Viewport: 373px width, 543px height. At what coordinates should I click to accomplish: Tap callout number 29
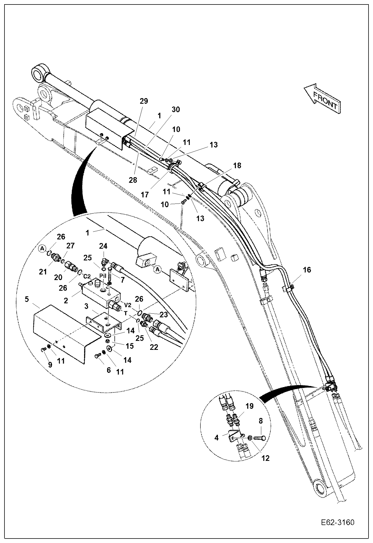tap(144, 101)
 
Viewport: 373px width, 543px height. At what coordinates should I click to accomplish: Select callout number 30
tap(176, 109)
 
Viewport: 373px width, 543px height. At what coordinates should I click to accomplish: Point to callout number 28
tap(133, 180)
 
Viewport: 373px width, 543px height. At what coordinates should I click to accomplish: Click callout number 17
tap(145, 194)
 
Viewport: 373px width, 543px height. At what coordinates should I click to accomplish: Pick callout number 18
tap(237, 165)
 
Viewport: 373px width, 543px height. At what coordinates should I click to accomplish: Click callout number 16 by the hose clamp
tap(307, 270)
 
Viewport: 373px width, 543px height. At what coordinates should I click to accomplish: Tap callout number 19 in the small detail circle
tap(249, 406)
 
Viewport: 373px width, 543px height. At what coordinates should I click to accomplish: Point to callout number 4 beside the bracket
tap(217, 437)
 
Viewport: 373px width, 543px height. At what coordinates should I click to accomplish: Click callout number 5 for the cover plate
tap(27, 299)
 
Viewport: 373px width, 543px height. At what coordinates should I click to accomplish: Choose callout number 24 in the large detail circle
tap(103, 246)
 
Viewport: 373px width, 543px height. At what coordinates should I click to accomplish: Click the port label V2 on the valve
tap(128, 305)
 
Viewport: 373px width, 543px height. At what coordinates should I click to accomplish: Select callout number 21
tap(43, 272)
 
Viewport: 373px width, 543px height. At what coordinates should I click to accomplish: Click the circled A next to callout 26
tap(42, 248)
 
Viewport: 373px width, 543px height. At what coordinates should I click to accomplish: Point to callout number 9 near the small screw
tap(50, 365)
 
